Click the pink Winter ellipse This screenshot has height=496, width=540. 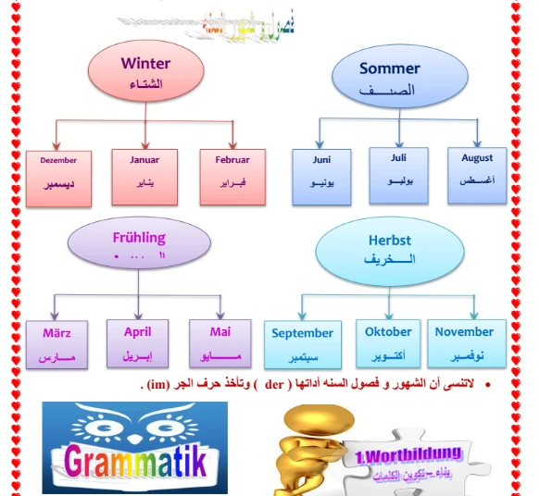pyautogui.click(x=146, y=74)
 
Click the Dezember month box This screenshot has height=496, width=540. pyautogui.click(x=58, y=173)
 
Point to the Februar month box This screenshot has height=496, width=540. pyautogui.click(x=232, y=172)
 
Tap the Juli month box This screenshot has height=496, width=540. pyautogui.click(x=399, y=170)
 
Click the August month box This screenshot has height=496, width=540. pyautogui.click(x=477, y=170)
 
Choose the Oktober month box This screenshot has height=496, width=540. pyautogui.click(x=388, y=342)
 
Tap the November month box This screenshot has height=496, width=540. pyautogui.click(x=464, y=342)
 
